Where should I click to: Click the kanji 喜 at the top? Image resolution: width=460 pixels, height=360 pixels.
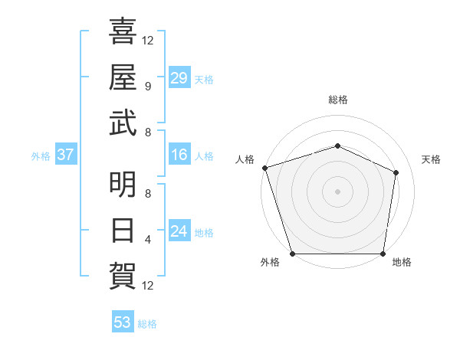(x=123, y=33)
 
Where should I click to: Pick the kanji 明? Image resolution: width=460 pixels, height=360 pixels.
(x=123, y=185)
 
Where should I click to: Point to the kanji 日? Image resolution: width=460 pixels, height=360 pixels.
(x=123, y=229)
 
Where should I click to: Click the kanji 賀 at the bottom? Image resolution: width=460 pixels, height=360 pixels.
(x=123, y=273)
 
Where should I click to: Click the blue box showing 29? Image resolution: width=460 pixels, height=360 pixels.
(x=179, y=78)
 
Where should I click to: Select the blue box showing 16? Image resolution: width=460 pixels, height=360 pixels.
(x=179, y=155)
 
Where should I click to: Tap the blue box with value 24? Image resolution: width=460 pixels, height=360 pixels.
(x=179, y=231)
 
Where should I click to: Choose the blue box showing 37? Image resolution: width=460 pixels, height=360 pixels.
(x=65, y=155)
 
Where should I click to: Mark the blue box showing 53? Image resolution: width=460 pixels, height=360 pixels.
(x=122, y=322)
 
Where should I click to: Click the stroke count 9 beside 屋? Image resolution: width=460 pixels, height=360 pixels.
(x=148, y=87)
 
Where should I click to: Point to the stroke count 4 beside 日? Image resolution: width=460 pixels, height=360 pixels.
(x=148, y=239)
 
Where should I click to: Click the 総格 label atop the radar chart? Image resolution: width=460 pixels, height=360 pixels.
(x=338, y=100)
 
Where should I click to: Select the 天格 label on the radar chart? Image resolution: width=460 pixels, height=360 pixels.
(x=432, y=159)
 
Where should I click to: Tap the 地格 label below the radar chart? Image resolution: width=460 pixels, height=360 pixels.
(x=402, y=262)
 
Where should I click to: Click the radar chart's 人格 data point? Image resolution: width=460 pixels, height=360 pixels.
(x=264, y=168)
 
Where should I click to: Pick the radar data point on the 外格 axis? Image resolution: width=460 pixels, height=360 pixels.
(x=292, y=254)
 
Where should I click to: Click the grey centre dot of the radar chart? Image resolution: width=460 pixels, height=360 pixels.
(x=337, y=191)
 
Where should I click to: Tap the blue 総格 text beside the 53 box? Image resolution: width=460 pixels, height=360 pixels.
(x=147, y=323)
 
